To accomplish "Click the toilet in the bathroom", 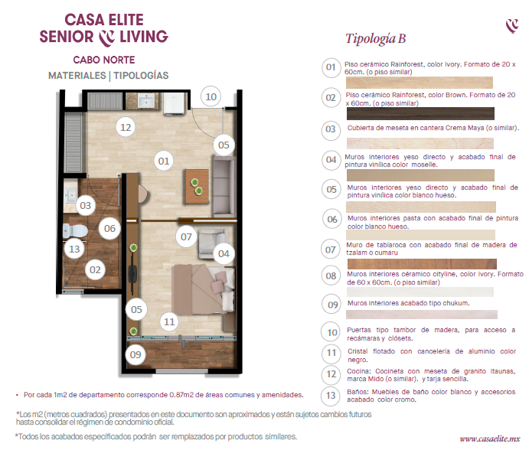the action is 75,231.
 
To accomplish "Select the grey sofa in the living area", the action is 224,186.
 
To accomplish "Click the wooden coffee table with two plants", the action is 197,187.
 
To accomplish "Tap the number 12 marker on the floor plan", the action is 126,127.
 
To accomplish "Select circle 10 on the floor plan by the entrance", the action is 211,97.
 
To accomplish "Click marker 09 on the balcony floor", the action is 136,354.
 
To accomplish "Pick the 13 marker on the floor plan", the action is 74,249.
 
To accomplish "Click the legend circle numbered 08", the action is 331,276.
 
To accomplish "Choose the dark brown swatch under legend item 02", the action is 420,114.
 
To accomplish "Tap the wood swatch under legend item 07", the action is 422,264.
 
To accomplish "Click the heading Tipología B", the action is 375,38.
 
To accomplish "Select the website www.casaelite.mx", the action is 489,439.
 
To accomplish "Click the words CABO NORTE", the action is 104,60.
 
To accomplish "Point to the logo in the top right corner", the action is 512,25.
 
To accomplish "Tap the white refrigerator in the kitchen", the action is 175,103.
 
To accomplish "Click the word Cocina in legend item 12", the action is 358,371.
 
